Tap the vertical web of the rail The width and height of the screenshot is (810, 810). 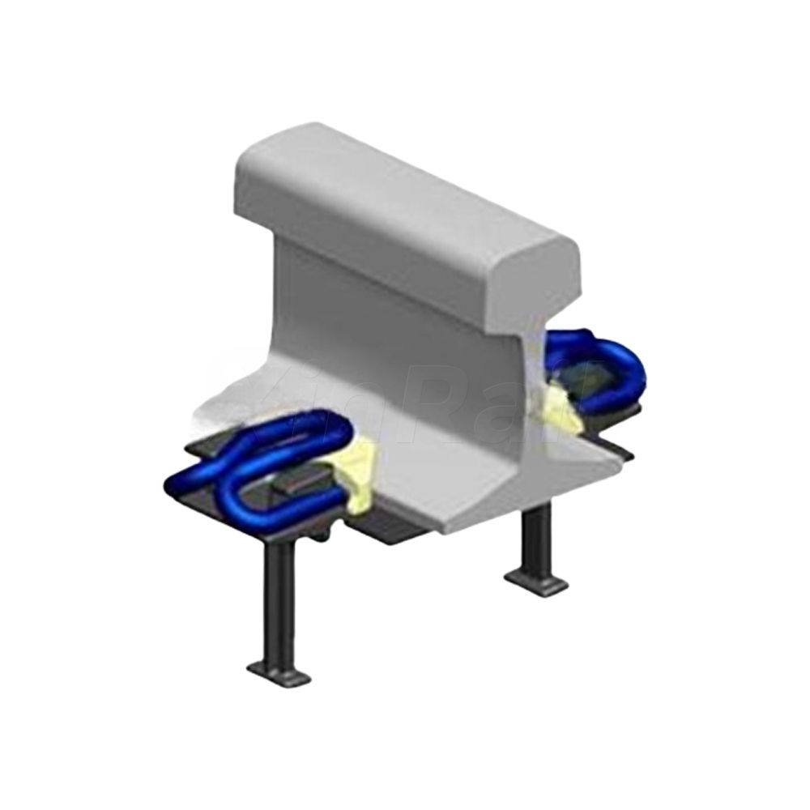tap(381, 324)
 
